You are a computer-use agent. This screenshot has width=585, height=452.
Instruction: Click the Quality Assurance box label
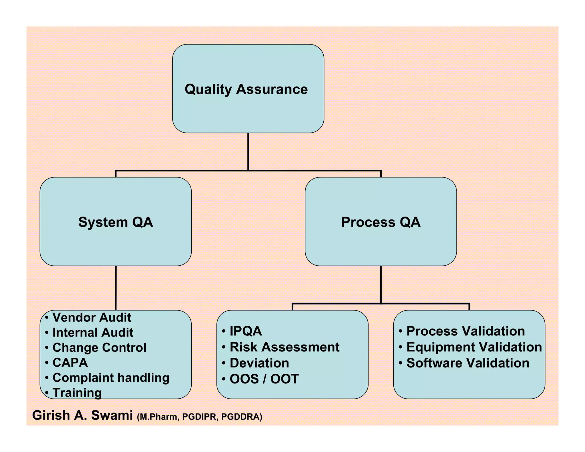pos(246,89)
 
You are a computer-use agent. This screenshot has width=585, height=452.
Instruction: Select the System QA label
pos(116,222)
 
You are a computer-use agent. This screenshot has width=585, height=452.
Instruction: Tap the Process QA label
pos(381,222)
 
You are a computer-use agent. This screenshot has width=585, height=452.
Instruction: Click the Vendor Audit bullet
pos(92,317)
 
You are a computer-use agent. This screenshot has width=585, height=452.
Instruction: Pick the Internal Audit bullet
pos(93,333)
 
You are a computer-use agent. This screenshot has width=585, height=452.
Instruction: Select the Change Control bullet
pos(99,347)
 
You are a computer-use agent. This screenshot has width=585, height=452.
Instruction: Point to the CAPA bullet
pos(70,363)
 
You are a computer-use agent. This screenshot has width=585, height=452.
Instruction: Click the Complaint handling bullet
pos(111,378)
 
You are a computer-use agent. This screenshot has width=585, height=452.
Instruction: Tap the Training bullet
pos(77,393)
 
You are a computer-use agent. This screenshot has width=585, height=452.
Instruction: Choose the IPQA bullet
pos(246,331)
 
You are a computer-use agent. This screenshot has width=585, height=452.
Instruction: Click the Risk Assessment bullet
pos(285,347)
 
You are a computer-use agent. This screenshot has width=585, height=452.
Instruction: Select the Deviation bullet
pos(259,363)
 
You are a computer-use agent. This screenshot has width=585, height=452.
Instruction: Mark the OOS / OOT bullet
pos(264,379)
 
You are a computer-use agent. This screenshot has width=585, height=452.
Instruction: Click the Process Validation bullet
pos(466,331)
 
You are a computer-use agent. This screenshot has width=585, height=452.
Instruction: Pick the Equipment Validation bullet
pos(474,347)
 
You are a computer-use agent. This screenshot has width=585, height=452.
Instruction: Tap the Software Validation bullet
pos(468,363)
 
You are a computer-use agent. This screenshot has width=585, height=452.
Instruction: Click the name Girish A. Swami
pos(83,415)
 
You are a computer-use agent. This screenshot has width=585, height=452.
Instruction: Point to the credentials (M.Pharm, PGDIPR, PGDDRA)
pos(199,417)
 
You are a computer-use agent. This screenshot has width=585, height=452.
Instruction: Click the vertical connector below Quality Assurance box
pos(248,151)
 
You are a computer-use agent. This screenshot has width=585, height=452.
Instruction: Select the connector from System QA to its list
pos(116,288)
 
